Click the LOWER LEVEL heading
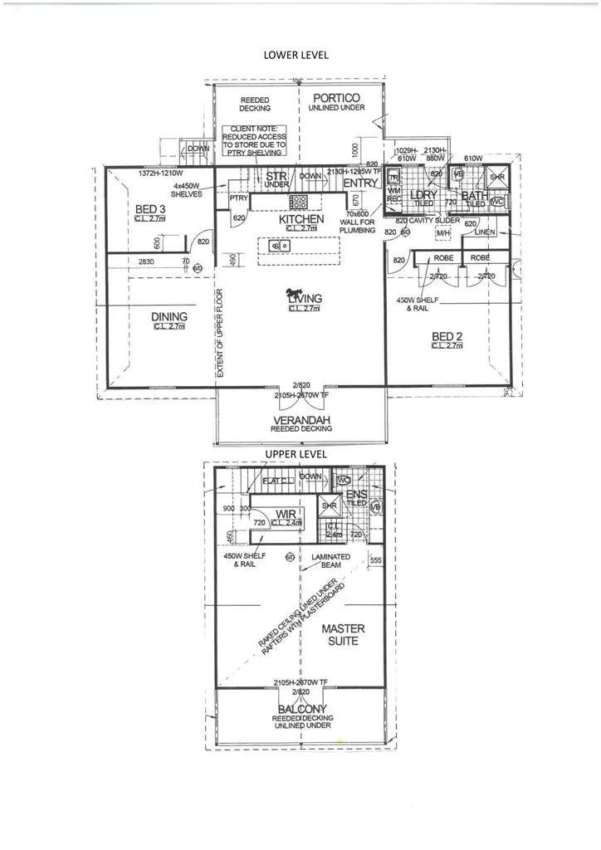tap(296, 55)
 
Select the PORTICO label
tap(336, 98)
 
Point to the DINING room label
tap(169, 316)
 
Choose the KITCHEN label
tap(300, 219)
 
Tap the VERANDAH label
tap(302, 421)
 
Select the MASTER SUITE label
tap(343, 635)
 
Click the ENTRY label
tap(360, 183)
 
